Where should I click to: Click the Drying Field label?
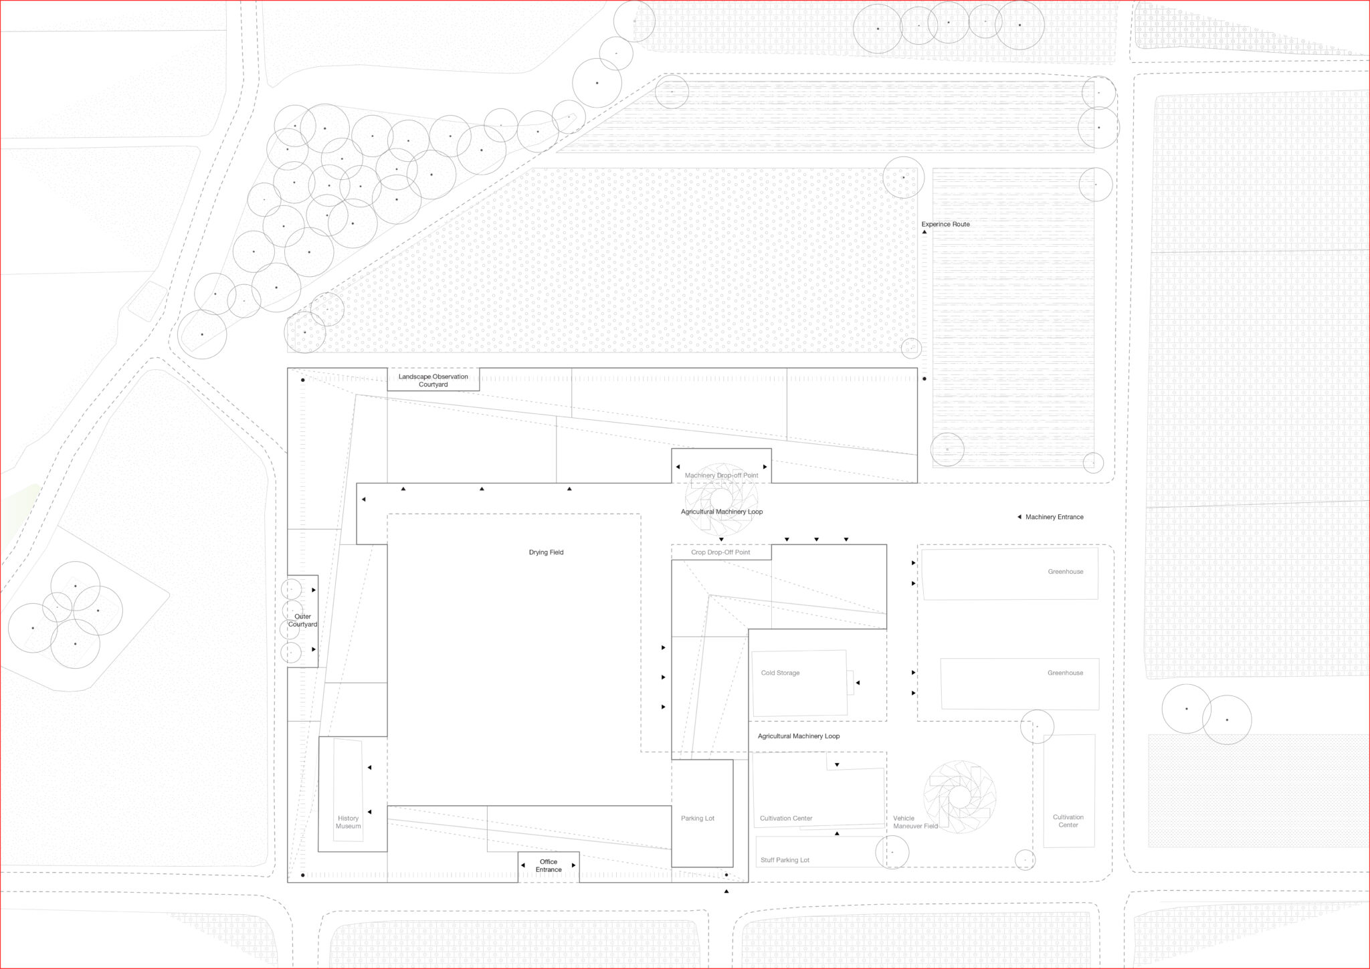pyautogui.click(x=546, y=552)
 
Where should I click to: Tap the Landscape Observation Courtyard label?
pyautogui.click(x=433, y=381)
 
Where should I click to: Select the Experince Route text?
pyautogui.click(x=945, y=224)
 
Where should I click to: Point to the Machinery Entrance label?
pyautogui.click(x=1054, y=517)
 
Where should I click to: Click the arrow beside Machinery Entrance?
pyautogui.click(x=1019, y=517)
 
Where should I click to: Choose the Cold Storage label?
pyautogui.click(x=780, y=673)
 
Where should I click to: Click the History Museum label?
pyautogui.click(x=348, y=822)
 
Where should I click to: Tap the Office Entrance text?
pyautogui.click(x=549, y=865)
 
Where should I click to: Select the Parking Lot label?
pyautogui.click(x=698, y=819)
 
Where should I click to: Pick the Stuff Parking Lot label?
pyautogui.click(x=785, y=860)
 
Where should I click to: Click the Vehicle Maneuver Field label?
pyautogui.click(x=915, y=822)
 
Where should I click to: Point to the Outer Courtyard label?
pyautogui.click(x=302, y=621)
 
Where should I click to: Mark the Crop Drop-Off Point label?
pyautogui.click(x=720, y=552)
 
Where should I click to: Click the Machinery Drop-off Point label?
pyautogui.click(x=721, y=475)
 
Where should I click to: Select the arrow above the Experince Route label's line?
pyautogui.click(x=924, y=232)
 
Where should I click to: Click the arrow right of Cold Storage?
pyautogui.click(x=858, y=683)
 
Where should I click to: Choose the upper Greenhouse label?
pyautogui.click(x=1065, y=572)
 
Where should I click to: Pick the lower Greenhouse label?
pyautogui.click(x=1065, y=673)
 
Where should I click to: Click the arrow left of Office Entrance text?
pyautogui.click(x=523, y=865)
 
